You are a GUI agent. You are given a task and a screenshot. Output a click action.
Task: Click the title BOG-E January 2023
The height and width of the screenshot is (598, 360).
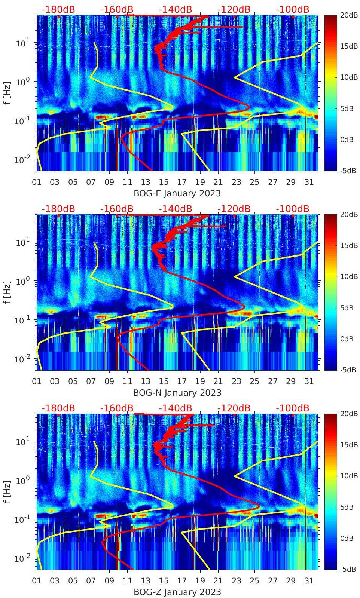coord(177,193)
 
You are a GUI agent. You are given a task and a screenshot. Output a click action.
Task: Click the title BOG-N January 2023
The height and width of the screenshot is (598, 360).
coord(177,393)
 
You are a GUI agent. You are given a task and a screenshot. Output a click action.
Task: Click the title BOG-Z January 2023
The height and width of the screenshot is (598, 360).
coord(177,592)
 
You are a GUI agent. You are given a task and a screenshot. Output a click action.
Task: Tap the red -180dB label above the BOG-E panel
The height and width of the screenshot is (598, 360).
coord(58,9)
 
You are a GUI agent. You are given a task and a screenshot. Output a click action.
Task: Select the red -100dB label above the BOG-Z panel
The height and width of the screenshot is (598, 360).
coord(292,408)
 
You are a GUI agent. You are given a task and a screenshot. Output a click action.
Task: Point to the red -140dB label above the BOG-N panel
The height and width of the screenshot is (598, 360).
coord(175,209)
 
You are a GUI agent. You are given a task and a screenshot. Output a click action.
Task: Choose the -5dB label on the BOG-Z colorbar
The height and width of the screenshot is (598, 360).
coord(348,569)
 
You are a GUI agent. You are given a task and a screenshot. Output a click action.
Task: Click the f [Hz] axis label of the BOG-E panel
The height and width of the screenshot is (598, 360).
coord(6,93)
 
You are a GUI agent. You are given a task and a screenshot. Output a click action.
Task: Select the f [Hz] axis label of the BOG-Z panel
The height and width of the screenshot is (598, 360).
coord(6,492)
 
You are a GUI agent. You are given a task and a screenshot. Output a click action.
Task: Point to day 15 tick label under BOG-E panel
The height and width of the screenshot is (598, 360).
coord(164,182)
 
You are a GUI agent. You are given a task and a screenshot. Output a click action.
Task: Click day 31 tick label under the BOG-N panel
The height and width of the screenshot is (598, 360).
coord(309,381)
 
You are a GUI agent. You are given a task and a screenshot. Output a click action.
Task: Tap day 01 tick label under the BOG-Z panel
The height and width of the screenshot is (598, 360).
coord(37,580)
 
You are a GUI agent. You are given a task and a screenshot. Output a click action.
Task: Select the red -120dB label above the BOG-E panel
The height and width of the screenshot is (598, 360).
coord(234,9)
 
